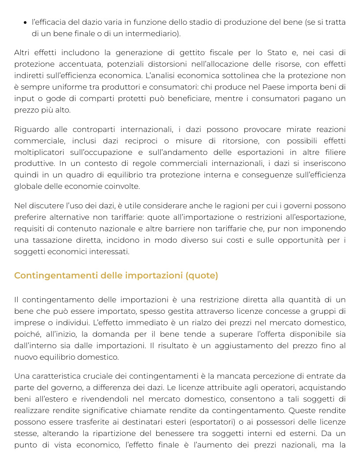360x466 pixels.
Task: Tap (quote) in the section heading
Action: click(202, 276)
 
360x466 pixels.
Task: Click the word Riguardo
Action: click(30, 130)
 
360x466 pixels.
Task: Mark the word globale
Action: click(27, 186)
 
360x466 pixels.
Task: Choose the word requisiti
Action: click(29, 229)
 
